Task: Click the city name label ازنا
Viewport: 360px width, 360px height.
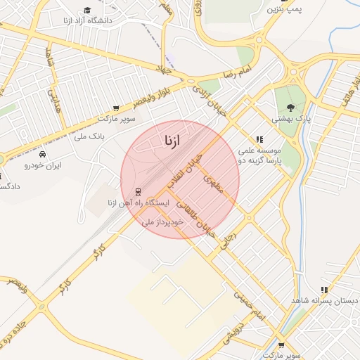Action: (171, 141)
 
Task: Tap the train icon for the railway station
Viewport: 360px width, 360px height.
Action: (137, 191)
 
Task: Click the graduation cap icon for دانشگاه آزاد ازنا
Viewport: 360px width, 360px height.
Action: (87, 10)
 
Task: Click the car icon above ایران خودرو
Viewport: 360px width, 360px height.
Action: (43, 154)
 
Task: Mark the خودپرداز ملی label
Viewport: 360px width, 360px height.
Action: (162, 221)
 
